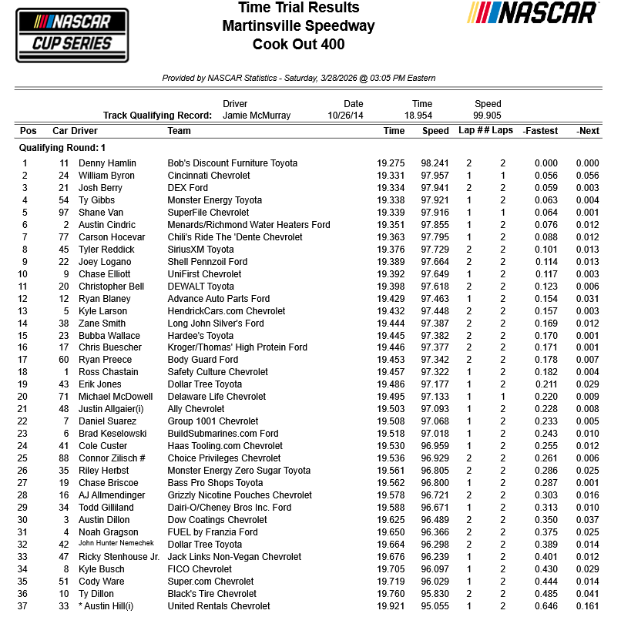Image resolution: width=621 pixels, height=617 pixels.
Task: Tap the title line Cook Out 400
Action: (298, 44)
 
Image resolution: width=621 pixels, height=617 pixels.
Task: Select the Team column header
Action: (179, 131)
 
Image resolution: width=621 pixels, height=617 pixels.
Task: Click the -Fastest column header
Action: (539, 131)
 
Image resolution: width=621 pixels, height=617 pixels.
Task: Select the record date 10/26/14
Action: (353, 116)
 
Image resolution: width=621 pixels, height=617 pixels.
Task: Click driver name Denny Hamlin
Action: (107, 163)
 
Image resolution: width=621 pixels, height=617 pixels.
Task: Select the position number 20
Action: (25, 397)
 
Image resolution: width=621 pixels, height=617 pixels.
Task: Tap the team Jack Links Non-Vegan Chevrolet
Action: (234, 557)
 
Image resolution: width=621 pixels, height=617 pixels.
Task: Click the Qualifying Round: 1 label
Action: (62, 148)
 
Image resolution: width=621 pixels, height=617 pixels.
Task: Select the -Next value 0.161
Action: (587, 606)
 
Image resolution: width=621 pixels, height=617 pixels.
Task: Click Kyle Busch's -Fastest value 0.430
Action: (545, 569)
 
